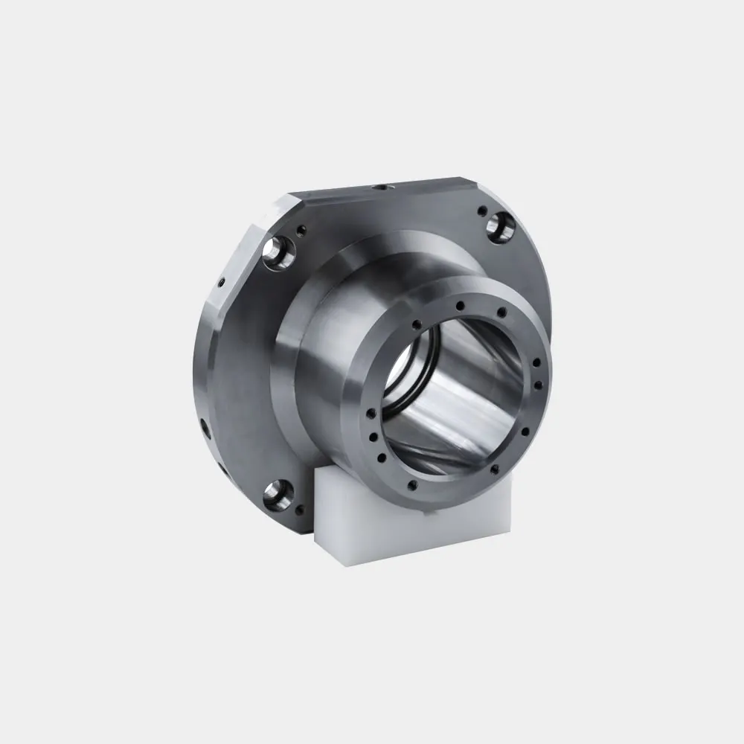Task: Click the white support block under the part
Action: point(417,521)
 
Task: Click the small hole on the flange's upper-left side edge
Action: point(221,282)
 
